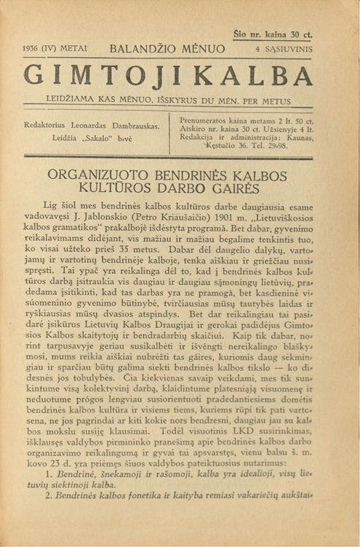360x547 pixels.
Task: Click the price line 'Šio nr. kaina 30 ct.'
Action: tap(272, 34)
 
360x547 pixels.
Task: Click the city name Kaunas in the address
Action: tap(299, 137)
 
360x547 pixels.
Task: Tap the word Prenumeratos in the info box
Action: tap(205, 120)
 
